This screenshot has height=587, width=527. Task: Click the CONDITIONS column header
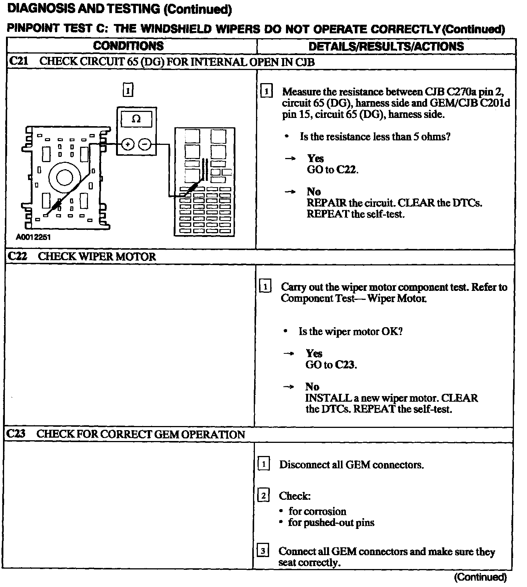coord(128,46)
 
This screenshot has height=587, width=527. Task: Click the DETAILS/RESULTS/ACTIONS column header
coord(386,46)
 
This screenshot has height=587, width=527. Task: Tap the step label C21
coord(18,61)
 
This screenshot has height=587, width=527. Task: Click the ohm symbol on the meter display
coord(136,119)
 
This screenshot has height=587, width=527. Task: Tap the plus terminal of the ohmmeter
coord(128,144)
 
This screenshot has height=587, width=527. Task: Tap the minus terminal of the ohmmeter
coord(145,144)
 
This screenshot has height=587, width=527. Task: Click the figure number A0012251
coord(33,237)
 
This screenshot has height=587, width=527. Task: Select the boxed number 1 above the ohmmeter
coord(128,90)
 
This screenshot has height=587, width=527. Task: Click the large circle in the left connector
coord(64,177)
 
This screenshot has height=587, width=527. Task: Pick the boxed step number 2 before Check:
coord(263,496)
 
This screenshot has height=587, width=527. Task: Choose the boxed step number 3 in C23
coord(263,551)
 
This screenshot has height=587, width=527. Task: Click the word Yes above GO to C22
coord(315,158)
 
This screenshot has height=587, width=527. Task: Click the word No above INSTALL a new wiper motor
coord(312,386)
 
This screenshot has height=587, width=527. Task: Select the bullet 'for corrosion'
coord(317,511)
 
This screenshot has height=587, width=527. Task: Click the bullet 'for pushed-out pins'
coord(331,523)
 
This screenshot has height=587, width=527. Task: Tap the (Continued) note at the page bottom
coord(480,577)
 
